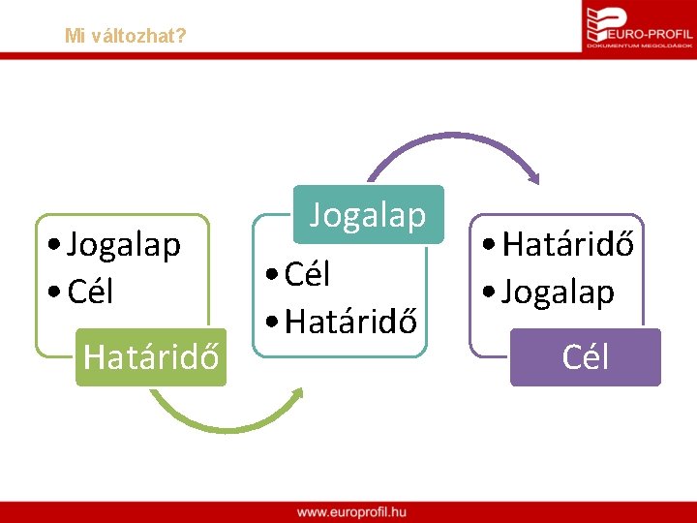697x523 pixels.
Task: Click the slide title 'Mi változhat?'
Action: (126, 36)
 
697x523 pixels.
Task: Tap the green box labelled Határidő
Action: (151, 356)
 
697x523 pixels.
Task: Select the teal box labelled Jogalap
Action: (368, 215)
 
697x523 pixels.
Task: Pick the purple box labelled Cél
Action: (585, 357)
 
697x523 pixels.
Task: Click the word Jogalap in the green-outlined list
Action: (124, 246)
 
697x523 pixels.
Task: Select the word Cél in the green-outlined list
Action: (91, 290)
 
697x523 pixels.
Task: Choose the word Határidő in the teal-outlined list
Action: (350, 319)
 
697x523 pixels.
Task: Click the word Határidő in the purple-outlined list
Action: (568, 245)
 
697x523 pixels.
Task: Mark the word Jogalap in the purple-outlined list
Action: (559, 292)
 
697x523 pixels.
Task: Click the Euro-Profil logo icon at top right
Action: (600, 24)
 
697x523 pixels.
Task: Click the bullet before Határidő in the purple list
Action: (491, 247)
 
